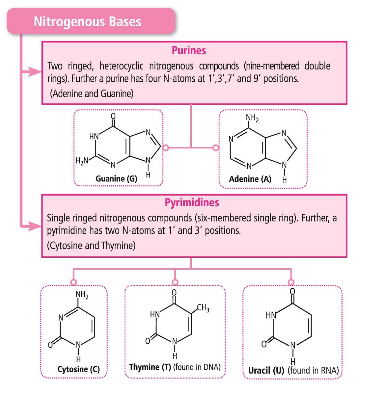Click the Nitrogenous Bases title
click(x=87, y=22)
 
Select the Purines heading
click(x=189, y=50)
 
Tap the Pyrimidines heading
click(x=192, y=202)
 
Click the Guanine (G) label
click(x=116, y=179)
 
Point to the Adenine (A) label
click(x=250, y=179)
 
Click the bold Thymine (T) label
click(x=150, y=367)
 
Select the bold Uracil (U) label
click(x=266, y=370)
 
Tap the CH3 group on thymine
click(x=203, y=308)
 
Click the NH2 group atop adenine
click(x=252, y=118)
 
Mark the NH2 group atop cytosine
click(x=82, y=295)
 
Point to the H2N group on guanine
click(x=82, y=161)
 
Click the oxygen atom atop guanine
click(x=113, y=116)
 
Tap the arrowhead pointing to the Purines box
click(x=34, y=71)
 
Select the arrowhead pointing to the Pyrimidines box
click(x=34, y=226)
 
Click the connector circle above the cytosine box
click(x=74, y=282)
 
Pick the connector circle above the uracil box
click(x=291, y=282)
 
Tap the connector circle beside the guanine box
click(x=166, y=148)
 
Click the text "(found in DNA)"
click(x=197, y=367)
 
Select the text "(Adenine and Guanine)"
click(x=92, y=94)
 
